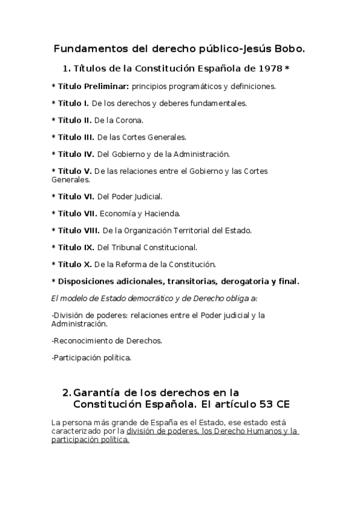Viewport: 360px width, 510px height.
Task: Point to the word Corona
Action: [130, 120]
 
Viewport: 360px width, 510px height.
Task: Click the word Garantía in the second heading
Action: [96, 392]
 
